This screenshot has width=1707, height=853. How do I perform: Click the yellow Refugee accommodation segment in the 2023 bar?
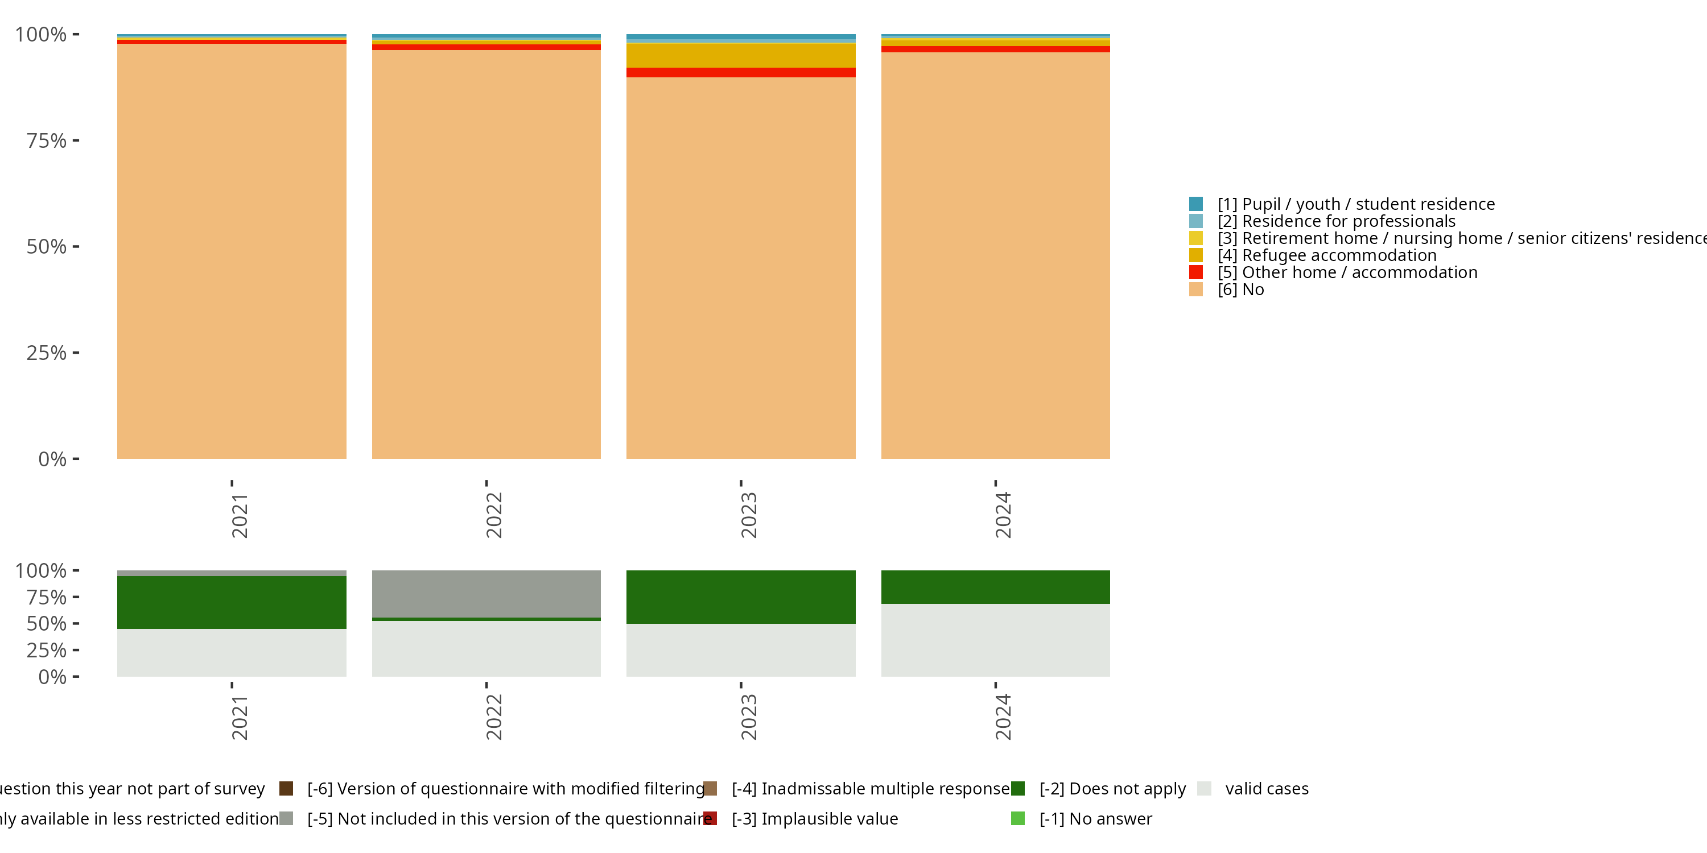pos(741,56)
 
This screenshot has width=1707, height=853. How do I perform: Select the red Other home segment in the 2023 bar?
pos(741,73)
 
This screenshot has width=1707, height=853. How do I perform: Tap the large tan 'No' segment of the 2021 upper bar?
pos(232,252)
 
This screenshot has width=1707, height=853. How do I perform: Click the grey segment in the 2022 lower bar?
pos(486,593)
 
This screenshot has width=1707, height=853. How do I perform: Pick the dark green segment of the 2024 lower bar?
pos(995,587)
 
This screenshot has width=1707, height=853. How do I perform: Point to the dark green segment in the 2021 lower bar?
pos(232,602)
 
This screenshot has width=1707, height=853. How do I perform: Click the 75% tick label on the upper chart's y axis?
pos(47,140)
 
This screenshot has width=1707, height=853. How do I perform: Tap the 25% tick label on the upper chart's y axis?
pos(47,353)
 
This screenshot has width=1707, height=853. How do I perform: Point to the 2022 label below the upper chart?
pos(494,515)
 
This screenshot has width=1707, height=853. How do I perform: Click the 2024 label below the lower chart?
pos(1003,717)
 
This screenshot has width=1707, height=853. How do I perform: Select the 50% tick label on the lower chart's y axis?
pos(47,623)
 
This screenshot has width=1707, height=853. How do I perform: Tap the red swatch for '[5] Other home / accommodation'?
pos(1196,272)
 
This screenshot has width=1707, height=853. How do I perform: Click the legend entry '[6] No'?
pos(1252,289)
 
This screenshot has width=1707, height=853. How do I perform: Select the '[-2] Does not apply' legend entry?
pos(1112,789)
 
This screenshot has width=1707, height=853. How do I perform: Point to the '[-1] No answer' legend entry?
pos(1095,818)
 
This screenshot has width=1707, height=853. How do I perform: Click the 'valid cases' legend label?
pos(1267,789)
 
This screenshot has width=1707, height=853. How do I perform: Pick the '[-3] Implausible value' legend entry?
pos(814,818)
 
